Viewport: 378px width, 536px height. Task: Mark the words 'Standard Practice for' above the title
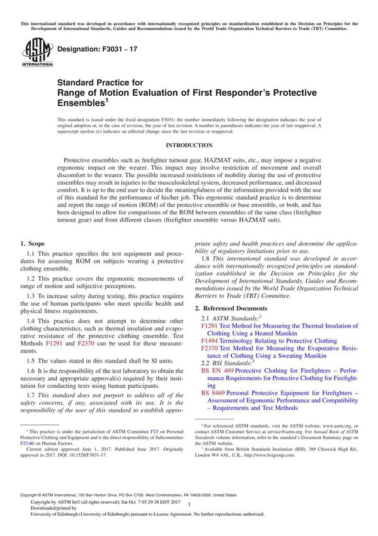100,82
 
